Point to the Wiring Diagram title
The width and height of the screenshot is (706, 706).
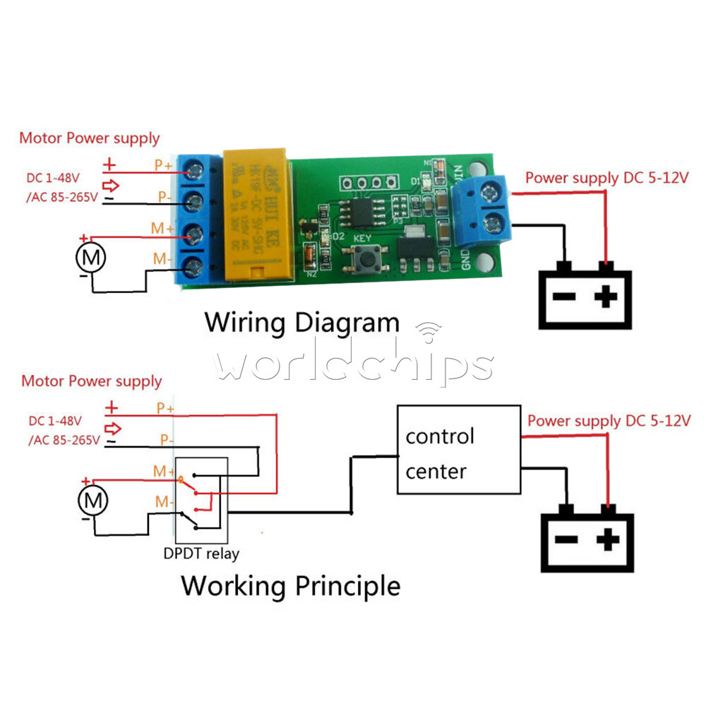tap(301, 323)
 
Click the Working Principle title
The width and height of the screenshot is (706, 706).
tap(290, 585)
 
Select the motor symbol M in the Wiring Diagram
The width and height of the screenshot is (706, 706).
tap(91, 258)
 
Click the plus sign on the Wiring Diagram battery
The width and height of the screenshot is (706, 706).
tap(604, 297)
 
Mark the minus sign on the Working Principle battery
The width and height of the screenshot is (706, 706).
tap(566, 541)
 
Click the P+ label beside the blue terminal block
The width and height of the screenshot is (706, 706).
tap(164, 165)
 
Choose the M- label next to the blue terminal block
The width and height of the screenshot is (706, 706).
tap(162, 261)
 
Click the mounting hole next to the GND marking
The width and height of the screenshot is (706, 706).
tap(484, 263)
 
